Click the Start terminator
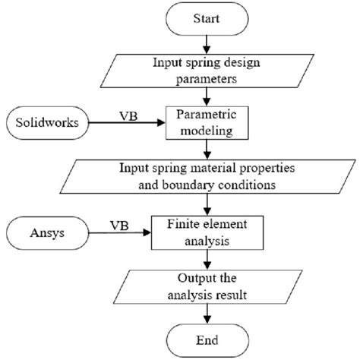tap(207, 18)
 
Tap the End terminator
tap(207, 340)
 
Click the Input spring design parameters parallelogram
tap(207, 68)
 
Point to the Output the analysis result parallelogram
tap(207, 285)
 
